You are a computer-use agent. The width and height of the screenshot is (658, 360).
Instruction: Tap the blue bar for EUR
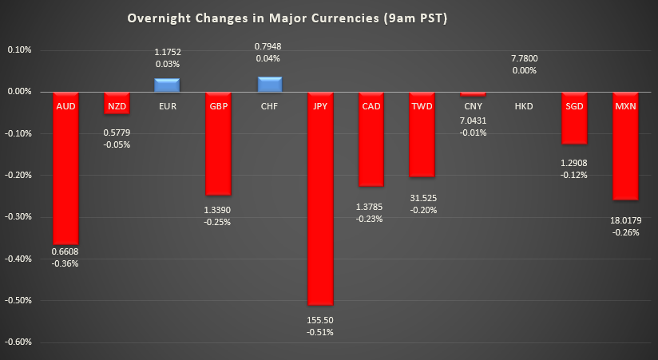pos(167,85)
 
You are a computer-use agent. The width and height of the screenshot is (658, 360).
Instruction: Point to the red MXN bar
pos(625,152)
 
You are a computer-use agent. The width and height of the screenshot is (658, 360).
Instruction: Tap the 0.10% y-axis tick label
pos(19,49)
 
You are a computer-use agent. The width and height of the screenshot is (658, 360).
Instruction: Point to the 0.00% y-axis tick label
pos(19,92)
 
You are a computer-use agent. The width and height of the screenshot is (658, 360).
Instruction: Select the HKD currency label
pos(523,105)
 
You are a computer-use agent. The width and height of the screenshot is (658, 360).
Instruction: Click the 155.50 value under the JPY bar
pos(319,319)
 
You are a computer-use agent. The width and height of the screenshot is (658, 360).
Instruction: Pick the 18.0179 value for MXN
pos(625,220)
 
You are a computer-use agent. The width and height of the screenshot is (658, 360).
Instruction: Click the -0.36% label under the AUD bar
pos(65,264)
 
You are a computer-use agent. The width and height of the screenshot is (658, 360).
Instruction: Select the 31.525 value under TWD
pos(422,199)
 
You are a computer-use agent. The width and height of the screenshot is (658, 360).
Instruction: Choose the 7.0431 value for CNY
pos(472,120)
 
